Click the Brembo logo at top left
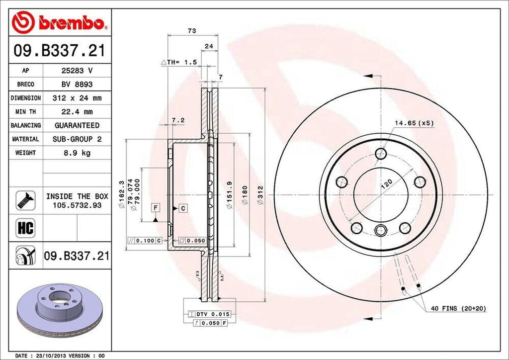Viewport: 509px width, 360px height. (x=60, y=22)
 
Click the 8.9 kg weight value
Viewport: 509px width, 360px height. (x=77, y=153)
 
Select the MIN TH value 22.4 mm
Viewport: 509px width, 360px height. (x=77, y=112)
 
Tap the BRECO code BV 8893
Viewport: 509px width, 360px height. (x=77, y=85)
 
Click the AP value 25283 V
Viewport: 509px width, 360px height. (x=77, y=71)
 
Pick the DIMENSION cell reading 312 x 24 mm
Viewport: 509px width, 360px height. (x=77, y=98)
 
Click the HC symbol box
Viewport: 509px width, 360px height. (x=25, y=228)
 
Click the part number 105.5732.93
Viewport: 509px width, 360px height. (x=77, y=205)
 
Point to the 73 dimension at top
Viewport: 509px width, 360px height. (x=192, y=31)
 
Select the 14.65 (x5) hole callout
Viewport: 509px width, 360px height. (x=414, y=122)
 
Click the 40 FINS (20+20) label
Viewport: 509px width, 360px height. (x=458, y=309)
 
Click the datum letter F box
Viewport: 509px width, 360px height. (x=156, y=207)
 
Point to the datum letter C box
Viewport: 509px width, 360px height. (x=182, y=208)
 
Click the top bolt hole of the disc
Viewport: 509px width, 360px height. (x=381, y=153)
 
